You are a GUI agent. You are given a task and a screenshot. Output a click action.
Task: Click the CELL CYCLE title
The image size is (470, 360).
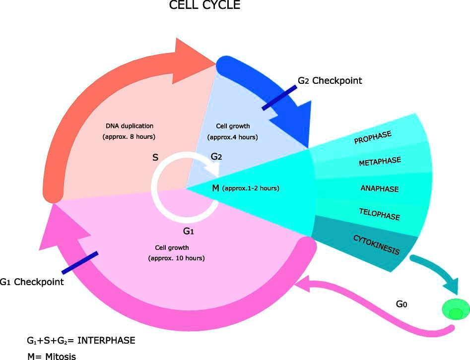(204, 6)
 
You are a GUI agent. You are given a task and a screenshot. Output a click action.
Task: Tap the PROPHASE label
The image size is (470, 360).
(373, 137)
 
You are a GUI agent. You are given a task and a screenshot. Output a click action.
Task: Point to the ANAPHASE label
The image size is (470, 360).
(380, 189)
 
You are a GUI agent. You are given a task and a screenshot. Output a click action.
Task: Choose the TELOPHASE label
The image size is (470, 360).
(379, 214)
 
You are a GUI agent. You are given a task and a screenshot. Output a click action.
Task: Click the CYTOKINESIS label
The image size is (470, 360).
(376, 244)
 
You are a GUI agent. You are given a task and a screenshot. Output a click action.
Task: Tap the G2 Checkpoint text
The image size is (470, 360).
(330, 80)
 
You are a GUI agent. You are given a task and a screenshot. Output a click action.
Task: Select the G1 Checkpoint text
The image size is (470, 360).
(32, 282)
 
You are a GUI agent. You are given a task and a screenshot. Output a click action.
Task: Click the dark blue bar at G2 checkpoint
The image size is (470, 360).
(279, 98)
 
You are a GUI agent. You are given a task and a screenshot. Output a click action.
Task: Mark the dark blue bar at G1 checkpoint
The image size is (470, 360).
(79, 263)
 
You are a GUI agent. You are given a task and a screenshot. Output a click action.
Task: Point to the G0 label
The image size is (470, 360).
(402, 303)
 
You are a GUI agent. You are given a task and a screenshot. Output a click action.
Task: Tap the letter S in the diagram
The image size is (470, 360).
(155, 158)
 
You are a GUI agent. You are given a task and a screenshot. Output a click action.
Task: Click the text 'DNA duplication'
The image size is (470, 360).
(130, 126)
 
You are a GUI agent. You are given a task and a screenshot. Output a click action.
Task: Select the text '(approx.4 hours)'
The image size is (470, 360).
(233, 137)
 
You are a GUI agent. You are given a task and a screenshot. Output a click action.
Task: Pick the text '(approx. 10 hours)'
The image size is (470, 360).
(176, 258)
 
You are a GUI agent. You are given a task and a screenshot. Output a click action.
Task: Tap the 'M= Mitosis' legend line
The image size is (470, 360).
(52, 356)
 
